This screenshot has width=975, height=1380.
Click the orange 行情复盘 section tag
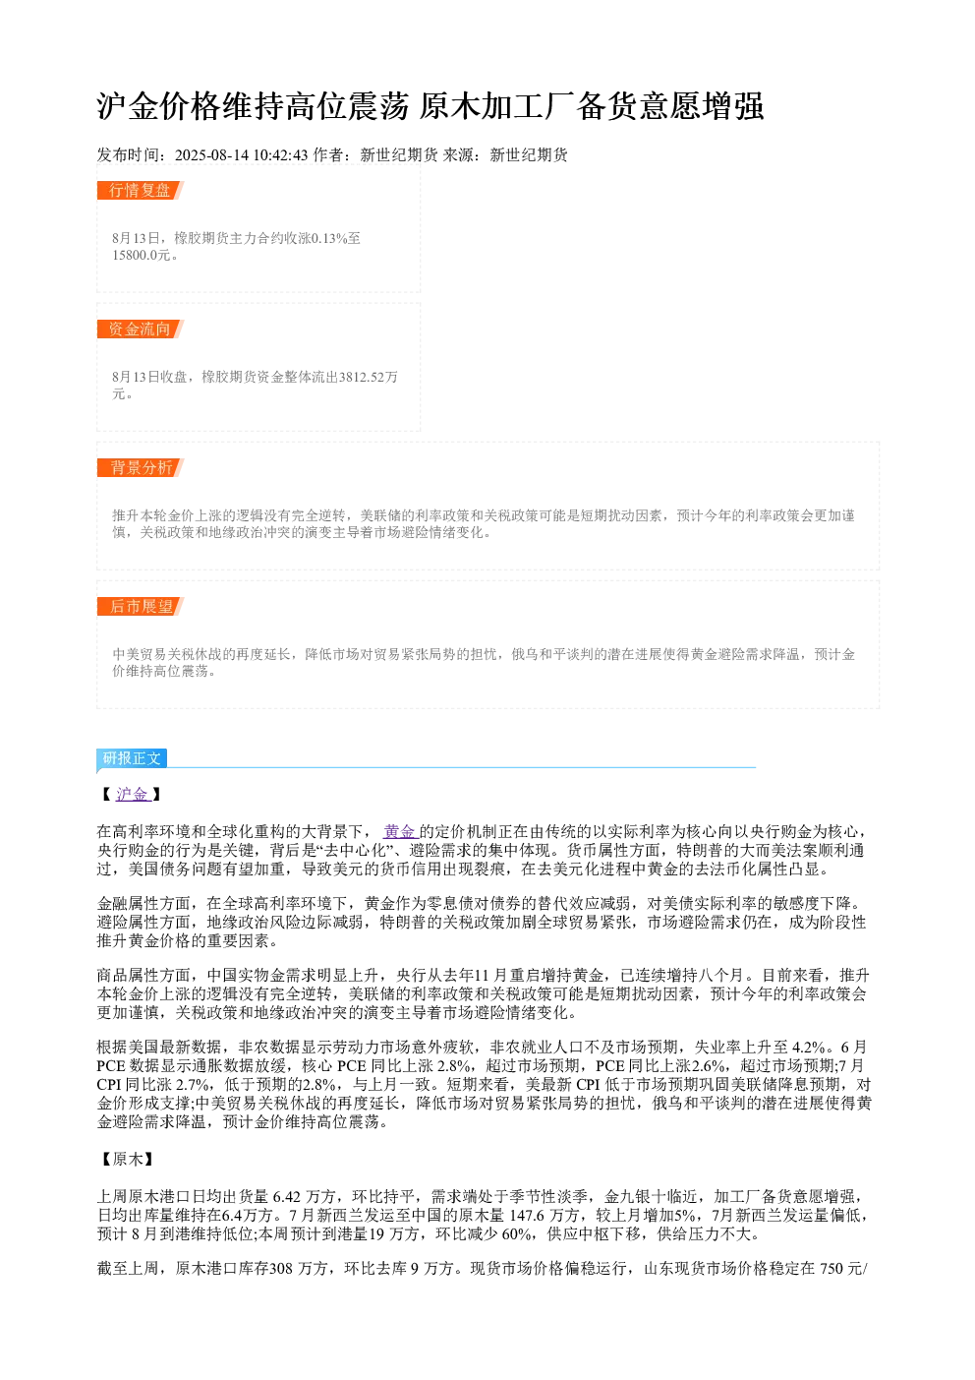(140, 191)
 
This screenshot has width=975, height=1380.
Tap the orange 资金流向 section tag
(140, 329)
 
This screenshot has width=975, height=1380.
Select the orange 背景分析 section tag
(140, 467)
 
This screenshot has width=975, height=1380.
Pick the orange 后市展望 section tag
(140, 606)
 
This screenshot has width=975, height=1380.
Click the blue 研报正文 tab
(132, 758)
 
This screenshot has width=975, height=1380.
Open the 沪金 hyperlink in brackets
(133, 795)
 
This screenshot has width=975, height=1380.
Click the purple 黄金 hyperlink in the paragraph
(401, 832)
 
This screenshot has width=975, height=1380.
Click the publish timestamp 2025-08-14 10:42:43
(241, 155)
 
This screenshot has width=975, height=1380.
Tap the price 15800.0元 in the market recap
(142, 255)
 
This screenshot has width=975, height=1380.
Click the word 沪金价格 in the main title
(159, 106)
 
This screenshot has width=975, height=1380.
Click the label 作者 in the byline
(328, 155)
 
